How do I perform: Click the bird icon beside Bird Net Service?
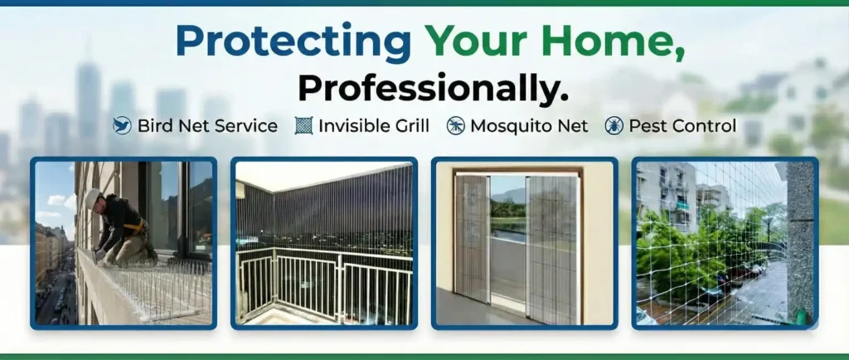(123, 126)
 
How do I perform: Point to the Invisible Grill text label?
(374, 126)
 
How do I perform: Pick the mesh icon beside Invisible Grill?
(304, 126)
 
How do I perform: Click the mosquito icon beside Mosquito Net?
(455, 126)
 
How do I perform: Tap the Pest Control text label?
(682, 126)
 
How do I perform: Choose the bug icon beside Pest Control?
(614, 126)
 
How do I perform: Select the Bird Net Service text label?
(207, 126)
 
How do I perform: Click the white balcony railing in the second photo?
(323, 282)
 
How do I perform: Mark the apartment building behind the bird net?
(667, 195)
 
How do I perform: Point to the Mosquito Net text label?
(529, 126)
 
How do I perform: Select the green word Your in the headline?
(482, 41)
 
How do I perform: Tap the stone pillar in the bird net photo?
(799, 241)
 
